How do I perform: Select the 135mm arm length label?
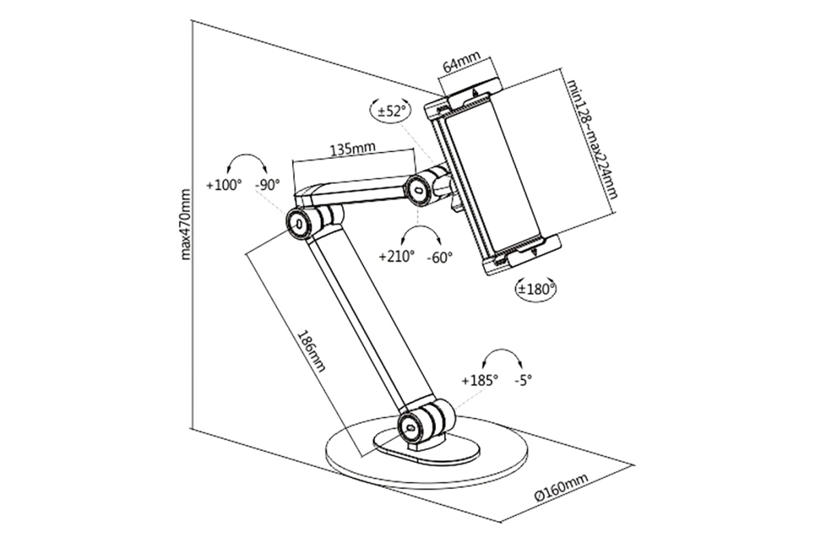click(x=352, y=149)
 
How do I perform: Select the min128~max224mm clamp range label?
click(x=592, y=139)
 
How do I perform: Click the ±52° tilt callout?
click(x=390, y=109)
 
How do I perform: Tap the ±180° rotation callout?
click(x=537, y=288)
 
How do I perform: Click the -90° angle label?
click(x=268, y=184)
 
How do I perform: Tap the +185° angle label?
click(x=479, y=380)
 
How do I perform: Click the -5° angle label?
click(x=523, y=380)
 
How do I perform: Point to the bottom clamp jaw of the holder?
click(x=523, y=255)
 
